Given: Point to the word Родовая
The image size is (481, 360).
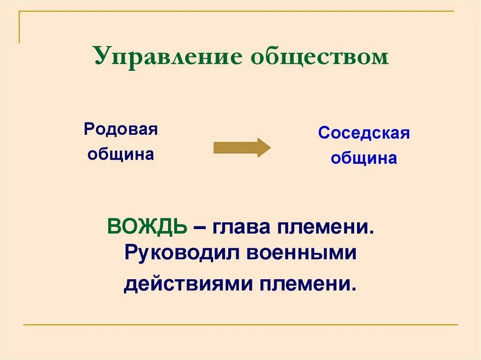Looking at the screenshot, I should pyautogui.click(x=121, y=130).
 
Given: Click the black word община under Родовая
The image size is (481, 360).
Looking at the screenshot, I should pyautogui.click(x=121, y=154).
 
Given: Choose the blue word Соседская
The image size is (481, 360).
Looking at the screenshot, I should pyautogui.click(x=364, y=133).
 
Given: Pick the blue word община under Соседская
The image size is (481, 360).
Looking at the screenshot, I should pyautogui.click(x=364, y=158).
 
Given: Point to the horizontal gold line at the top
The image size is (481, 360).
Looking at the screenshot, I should pyautogui.click(x=235, y=11).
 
